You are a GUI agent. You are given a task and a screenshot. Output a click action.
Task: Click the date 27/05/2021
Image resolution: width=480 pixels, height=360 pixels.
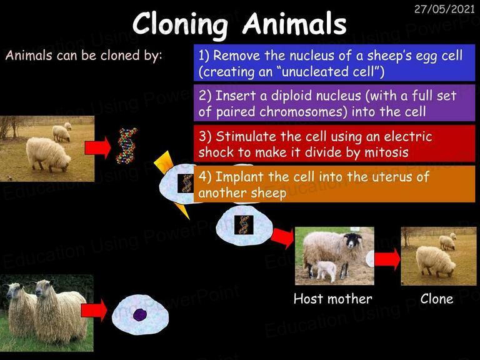point(444,9)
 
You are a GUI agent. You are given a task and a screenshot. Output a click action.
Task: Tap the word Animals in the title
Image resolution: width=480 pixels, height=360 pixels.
point(294,24)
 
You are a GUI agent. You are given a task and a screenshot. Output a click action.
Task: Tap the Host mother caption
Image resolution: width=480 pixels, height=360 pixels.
point(332,299)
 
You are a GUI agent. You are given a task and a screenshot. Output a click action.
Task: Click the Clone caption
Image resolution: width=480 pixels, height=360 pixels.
point(437,299)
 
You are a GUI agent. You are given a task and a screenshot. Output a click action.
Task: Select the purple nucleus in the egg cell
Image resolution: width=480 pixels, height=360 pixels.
point(139,315)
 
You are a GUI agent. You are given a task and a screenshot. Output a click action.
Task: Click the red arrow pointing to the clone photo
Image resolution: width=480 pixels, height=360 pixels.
point(387,259)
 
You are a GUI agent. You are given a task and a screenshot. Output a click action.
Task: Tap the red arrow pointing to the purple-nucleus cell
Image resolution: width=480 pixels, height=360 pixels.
point(94,311)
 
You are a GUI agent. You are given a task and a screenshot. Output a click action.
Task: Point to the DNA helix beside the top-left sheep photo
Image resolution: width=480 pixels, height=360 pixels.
point(126,146)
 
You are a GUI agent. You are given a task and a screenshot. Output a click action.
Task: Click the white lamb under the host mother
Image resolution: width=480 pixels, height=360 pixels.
point(326,270)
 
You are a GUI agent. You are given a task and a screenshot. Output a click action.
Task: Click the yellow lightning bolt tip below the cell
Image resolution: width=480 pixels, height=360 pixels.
point(189,219)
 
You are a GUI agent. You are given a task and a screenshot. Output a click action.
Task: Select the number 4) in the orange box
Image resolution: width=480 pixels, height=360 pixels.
point(205,177)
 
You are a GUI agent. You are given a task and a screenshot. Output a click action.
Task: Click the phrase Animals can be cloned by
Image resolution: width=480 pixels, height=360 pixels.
point(84,56)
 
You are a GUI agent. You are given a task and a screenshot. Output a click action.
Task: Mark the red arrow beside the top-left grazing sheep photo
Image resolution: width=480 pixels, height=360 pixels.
point(97,148)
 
